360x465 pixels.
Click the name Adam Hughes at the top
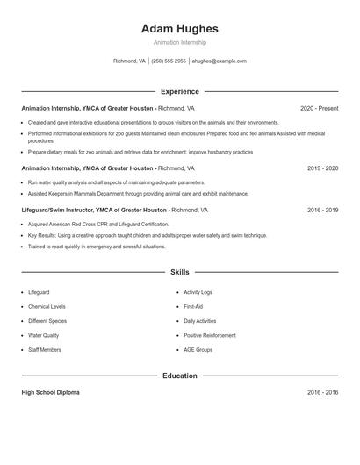[x=179, y=29]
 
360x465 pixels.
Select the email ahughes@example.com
[x=219, y=61]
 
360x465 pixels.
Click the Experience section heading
[x=179, y=91]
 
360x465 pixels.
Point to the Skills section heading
[x=179, y=273]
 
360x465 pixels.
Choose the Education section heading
[x=179, y=376]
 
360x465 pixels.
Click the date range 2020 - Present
[x=319, y=108]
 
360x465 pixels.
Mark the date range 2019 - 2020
[x=322, y=167]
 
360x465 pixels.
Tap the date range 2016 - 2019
[x=322, y=211]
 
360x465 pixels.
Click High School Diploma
[x=50, y=393]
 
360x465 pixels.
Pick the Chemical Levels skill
[x=47, y=306]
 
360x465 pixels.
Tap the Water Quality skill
[x=44, y=335]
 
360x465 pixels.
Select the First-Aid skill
[x=193, y=306]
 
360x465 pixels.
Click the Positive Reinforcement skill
[x=209, y=335]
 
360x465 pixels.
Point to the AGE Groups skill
[x=198, y=349]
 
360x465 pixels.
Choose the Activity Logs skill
[x=198, y=291]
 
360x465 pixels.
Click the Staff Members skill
[x=45, y=349]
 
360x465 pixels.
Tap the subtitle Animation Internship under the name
[x=179, y=42]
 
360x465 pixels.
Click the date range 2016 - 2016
[x=322, y=393]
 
